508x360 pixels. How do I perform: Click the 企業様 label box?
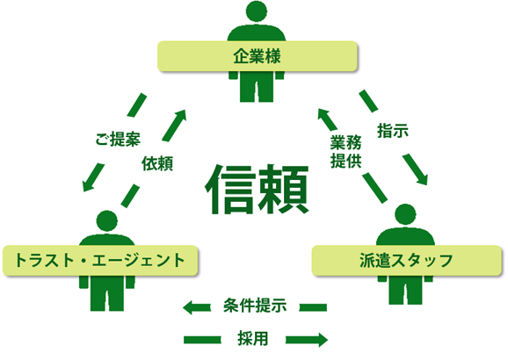click(258, 56)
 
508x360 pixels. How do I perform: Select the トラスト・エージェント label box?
click(100, 261)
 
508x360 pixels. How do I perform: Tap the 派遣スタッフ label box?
click(407, 261)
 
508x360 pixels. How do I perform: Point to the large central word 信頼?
click(257, 190)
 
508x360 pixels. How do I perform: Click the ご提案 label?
click(118, 140)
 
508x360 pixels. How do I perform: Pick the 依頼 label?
click(157, 163)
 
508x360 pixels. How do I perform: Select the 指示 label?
click(393, 131)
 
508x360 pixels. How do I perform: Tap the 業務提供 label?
click(345, 152)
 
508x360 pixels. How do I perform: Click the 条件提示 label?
click(255, 306)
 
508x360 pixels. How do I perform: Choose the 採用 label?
click(253, 339)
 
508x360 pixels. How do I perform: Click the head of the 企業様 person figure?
click(257, 11)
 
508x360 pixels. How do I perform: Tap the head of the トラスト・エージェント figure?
click(107, 221)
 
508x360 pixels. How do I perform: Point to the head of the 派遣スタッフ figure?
click(405, 214)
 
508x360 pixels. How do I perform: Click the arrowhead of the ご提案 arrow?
click(87, 186)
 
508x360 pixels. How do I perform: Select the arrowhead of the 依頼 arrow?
click(181, 115)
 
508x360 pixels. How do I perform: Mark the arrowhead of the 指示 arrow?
click(423, 179)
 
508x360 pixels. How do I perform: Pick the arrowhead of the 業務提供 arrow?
click(323, 114)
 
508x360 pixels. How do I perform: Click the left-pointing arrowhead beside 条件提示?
click(188, 307)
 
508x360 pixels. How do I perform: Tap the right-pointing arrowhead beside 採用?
click(323, 340)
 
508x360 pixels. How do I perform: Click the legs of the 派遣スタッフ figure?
click(405, 290)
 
